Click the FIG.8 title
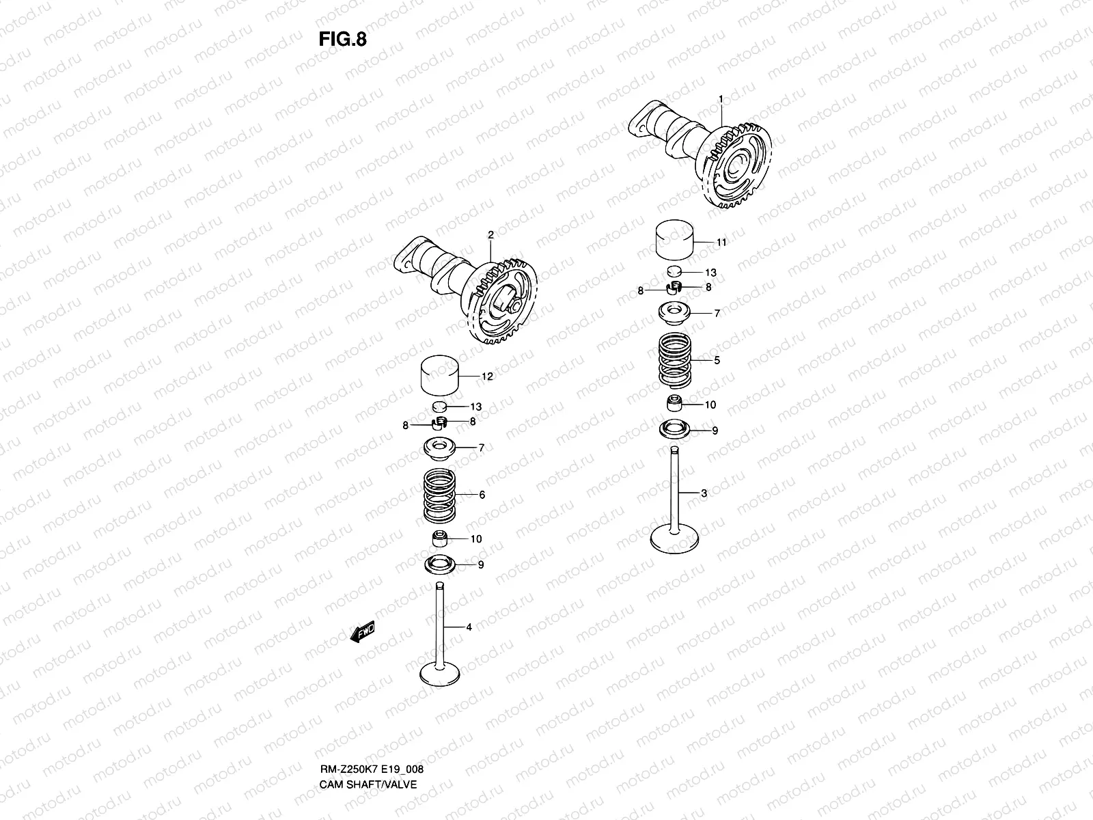tap(342, 40)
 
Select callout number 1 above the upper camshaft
tap(720, 100)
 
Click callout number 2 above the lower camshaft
tap(490, 235)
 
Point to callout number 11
tap(721, 243)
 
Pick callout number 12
tap(487, 377)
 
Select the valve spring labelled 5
tap(676, 359)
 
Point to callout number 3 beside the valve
tap(704, 493)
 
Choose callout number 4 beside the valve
tap(469, 627)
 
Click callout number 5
tap(717, 360)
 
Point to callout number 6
tap(482, 495)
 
